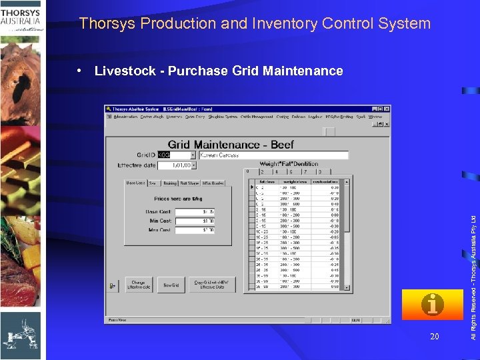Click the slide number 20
point(435,337)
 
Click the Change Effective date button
point(138,285)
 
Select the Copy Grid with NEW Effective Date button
point(212,285)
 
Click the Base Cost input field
point(199,212)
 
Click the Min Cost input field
point(199,221)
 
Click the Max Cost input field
point(199,230)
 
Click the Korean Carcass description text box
point(273,155)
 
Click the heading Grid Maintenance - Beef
point(231,144)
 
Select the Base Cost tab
point(135,183)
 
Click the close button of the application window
point(387,109)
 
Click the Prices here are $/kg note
point(179,198)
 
